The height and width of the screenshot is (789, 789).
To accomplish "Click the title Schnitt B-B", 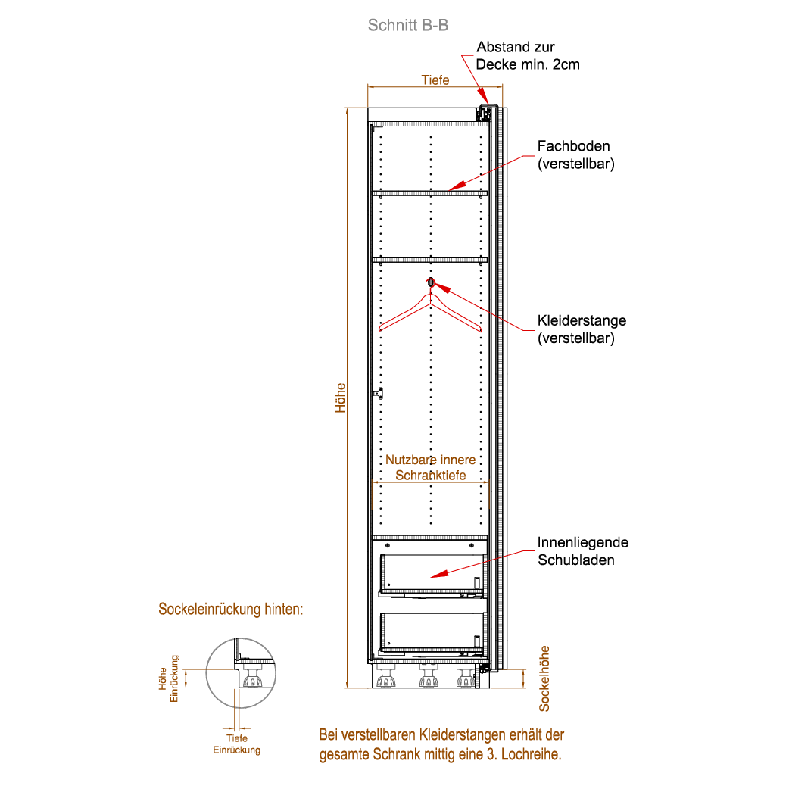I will (407, 25).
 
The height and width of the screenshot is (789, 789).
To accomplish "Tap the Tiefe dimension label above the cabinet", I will (435, 80).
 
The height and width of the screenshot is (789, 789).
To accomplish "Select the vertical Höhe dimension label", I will (341, 396).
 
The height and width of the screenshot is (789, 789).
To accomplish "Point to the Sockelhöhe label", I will (544, 678).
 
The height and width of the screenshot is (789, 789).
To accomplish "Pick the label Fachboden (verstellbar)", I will (575, 154).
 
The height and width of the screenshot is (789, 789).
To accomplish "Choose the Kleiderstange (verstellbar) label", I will (582, 329).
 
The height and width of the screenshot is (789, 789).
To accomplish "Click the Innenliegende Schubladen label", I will (582, 551).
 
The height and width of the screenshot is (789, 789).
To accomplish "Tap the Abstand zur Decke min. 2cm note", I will (528, 56).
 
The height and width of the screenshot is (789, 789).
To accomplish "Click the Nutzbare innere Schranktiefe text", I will (431, 467).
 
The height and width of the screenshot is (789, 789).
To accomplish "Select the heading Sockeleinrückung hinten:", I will (231, 610).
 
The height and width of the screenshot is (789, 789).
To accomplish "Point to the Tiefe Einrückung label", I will (237, 744).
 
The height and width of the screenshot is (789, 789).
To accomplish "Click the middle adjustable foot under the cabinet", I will (429, 678).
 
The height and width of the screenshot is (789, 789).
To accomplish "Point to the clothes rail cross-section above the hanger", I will (431, 282).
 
